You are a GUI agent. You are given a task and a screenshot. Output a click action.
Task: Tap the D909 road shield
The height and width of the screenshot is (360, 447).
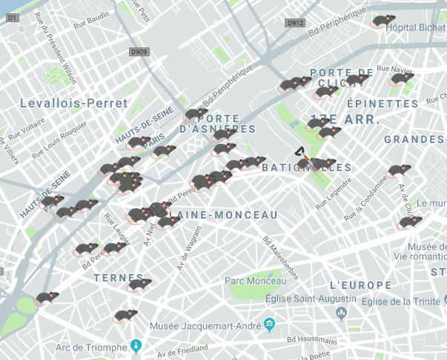point(138,52)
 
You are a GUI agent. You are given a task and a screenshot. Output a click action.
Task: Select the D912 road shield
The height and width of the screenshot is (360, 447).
point(295,23)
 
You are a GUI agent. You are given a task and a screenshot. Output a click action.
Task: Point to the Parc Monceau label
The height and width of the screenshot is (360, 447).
point(256,281)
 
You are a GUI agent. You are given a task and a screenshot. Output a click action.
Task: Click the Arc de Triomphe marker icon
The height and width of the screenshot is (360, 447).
point(136,345)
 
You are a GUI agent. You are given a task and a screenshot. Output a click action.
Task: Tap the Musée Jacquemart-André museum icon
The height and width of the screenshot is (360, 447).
point(268,324)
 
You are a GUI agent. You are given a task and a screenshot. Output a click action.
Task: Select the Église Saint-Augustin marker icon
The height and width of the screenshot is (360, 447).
point(342,313)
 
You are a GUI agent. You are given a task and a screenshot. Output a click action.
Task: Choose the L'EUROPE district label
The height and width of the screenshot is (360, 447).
point(360,285)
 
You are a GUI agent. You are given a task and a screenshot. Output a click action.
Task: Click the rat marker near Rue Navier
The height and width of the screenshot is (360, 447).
point(403,78)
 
